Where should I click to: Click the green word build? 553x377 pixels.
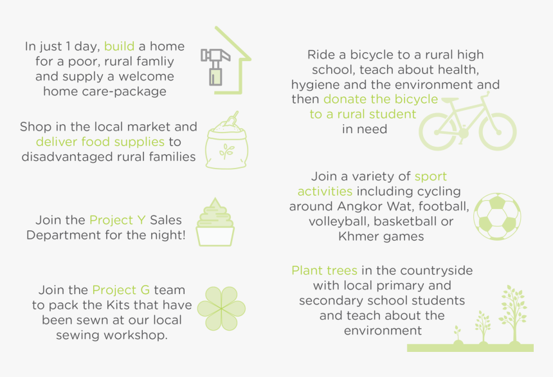119,46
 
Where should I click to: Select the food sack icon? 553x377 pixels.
227,140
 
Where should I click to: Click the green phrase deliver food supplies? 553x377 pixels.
100,142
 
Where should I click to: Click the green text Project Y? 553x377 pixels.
118,220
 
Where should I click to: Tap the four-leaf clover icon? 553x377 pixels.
221,309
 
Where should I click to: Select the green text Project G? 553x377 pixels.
121,290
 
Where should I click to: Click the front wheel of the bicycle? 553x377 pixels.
498,131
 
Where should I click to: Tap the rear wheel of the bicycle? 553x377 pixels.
438,132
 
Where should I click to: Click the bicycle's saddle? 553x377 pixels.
450,100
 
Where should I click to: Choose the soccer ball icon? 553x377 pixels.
497,216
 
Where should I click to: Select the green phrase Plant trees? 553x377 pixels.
325,271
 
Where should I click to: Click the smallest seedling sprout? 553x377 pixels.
457,335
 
